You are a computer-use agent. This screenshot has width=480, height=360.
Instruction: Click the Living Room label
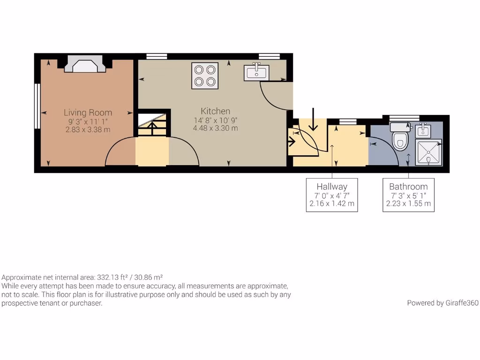tap(88, 112)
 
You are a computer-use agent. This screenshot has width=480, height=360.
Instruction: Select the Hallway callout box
tap(332, 195)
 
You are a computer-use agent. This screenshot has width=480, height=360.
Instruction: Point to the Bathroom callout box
tap(408, 195)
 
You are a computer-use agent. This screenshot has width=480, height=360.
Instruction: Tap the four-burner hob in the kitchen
tap(205, 75)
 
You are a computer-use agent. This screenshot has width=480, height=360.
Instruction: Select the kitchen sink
tap(256, 72)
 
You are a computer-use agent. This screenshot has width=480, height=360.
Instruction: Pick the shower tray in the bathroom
tap(429, 152)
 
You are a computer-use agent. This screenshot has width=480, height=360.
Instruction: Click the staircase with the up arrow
tap(152, 125)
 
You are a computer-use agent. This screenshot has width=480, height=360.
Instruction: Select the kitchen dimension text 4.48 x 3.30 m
tap(216, 128)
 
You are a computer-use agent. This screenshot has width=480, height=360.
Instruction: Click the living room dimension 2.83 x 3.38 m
tap(88, 129)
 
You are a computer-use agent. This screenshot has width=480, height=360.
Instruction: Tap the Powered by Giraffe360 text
tap(442, 303)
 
